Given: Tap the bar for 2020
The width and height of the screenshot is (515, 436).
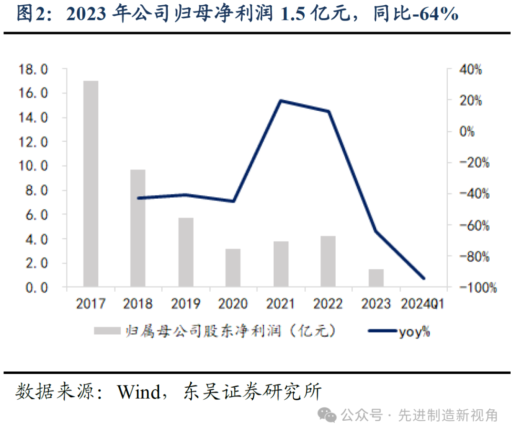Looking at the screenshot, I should pos(233,268).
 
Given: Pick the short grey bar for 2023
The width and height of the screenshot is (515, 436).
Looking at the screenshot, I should pos(376,278).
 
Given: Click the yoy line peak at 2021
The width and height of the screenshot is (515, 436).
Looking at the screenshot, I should pos(281,101).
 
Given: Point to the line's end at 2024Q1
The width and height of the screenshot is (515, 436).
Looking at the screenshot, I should pos(423,278).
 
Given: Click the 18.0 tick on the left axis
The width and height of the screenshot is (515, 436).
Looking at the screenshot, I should pos(33,70).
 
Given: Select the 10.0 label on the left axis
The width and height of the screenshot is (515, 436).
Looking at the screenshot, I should pos(33,166).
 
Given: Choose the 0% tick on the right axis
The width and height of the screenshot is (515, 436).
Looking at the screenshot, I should pos(467,132).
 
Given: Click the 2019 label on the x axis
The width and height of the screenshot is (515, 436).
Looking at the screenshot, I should pos(185,304).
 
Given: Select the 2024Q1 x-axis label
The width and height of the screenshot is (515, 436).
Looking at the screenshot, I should pos(423,304).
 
